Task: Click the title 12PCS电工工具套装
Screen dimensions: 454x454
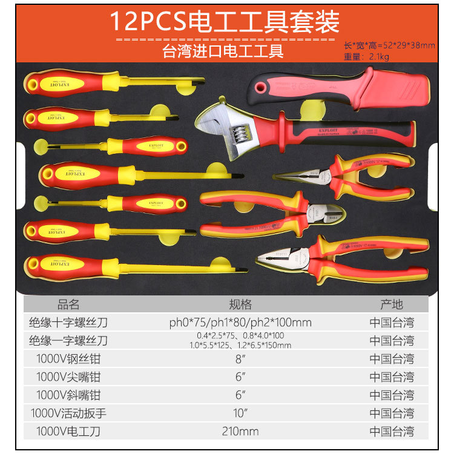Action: [x=225, y=22]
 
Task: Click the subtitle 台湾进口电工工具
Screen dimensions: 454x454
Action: [x=223, y=50]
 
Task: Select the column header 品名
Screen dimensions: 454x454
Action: [x=68, y=304]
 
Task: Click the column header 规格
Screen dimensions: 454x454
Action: [x=240, y=304]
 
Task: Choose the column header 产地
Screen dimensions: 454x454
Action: [x=392, y=304]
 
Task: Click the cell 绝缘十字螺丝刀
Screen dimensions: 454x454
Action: [x=68, y=322]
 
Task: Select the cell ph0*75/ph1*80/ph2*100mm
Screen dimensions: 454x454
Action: [x=240, y=322]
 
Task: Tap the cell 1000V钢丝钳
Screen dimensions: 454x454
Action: [x=68, y=358]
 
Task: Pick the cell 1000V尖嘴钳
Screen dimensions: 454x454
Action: [x=68, y=377]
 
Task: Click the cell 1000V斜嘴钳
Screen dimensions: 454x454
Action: [x=68, y=395]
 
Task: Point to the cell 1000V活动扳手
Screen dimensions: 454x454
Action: [x=68, y=413]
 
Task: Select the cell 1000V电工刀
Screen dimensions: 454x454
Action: [x=68, y=431]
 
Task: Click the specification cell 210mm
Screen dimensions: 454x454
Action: [x=240, y=431]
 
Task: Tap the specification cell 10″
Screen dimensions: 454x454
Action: [x=240, y=413]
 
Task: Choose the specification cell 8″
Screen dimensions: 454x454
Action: [x=240, y=358]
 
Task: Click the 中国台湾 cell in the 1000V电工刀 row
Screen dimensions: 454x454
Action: [x=392, y=431]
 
